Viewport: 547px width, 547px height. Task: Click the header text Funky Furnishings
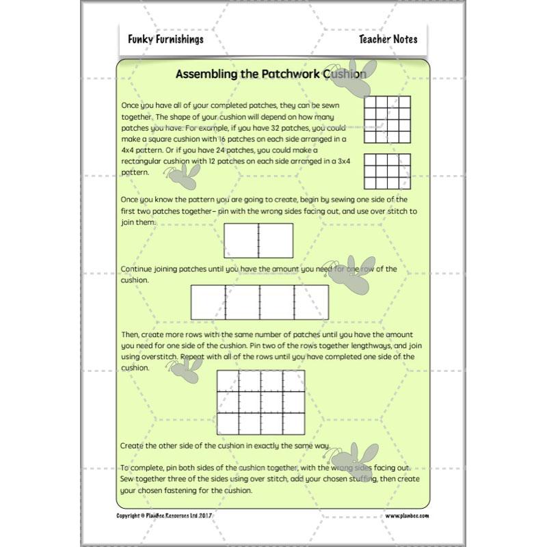[x=165, y=39]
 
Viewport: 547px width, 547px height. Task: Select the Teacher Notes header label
[x=388, y=39]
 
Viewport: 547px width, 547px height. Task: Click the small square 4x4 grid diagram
[x=387, y=120]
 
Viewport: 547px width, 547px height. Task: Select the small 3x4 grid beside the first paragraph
[x=387, y=171]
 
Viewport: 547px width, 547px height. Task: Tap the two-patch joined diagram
[x=258, y=241]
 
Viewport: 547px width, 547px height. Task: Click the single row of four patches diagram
[x=259, y=303]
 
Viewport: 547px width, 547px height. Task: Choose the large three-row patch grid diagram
[x=261, y=403]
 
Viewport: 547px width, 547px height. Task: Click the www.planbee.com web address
[x=405, y=516]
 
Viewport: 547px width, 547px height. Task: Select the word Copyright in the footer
[x=131, y=516]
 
